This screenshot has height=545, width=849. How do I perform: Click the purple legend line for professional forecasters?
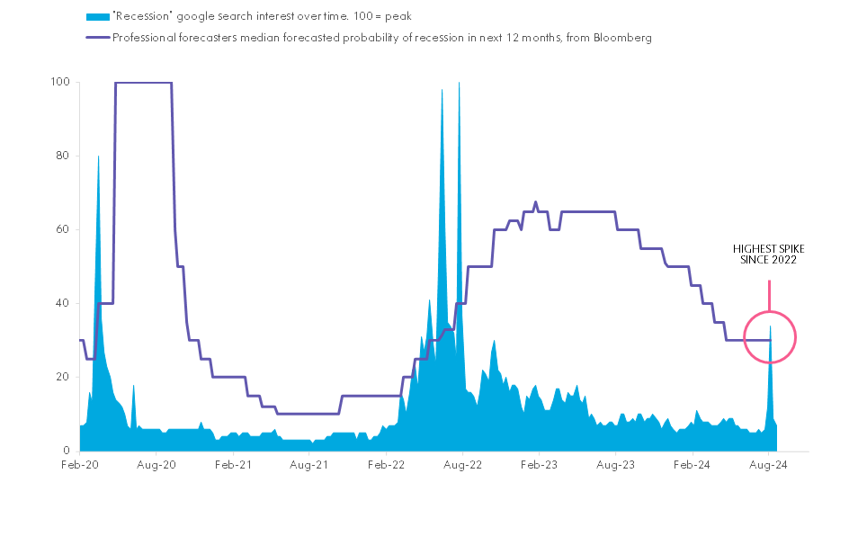point(96,38)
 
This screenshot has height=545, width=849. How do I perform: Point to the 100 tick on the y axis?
point(61,82)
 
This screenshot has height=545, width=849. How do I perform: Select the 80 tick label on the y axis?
point(64,156)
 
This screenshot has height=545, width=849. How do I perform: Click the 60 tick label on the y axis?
point(64,229)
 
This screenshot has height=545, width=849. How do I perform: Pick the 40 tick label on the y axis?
point(64,303)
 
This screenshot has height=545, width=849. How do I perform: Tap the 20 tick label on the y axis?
point(64,377)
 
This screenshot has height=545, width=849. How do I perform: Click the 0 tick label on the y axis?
point(67,451)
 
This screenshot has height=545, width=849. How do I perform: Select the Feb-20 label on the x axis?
point(79,465)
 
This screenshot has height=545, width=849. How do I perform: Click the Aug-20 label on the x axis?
point(156,465)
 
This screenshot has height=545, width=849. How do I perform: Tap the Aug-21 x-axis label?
point(309,465)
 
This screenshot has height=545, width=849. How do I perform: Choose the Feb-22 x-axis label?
point(386,465)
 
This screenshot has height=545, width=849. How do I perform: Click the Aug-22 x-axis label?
point(462,465)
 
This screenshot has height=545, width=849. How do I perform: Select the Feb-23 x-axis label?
point(539,465)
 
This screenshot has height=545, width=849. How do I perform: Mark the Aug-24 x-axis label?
point(769,465)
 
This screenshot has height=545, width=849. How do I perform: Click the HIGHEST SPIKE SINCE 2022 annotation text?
point(768,254)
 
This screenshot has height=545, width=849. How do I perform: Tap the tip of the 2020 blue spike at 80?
point(98,156)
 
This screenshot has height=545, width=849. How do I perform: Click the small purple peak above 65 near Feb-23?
point(536,202)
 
